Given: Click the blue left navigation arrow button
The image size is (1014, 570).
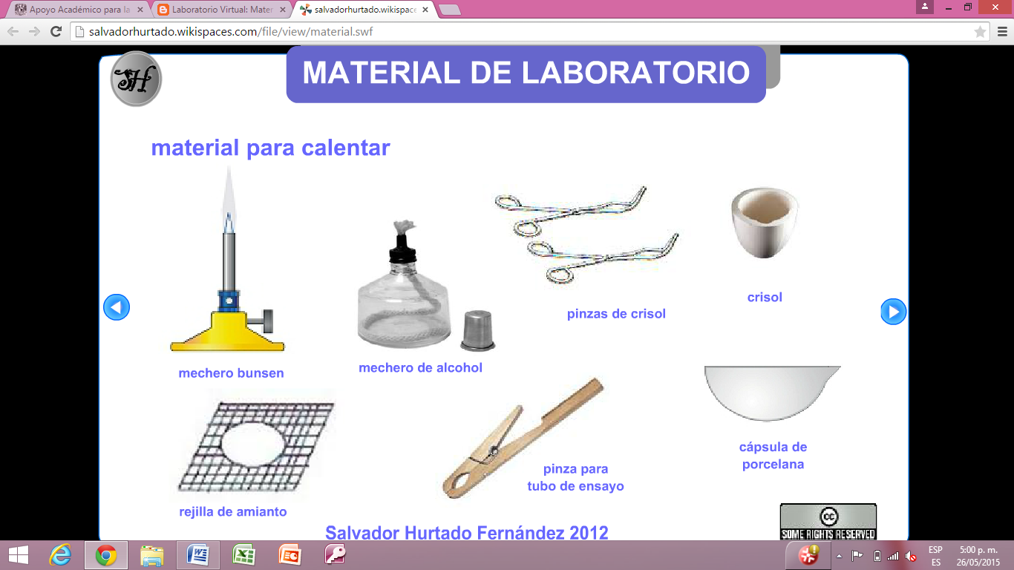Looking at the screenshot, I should [117, 307].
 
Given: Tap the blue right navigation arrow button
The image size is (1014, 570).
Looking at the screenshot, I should [893, 312].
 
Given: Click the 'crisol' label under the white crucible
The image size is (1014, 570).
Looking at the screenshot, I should [765, 298].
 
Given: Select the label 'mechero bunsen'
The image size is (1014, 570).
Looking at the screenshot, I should [231, 373].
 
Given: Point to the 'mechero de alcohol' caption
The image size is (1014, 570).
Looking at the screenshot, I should [420, 368].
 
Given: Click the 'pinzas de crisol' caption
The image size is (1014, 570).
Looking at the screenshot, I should [616, 314].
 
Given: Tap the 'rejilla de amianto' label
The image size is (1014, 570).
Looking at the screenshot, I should [232, 512].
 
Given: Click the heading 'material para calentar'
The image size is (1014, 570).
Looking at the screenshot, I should [270, 148].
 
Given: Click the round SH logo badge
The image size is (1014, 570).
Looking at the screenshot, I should [136, 79].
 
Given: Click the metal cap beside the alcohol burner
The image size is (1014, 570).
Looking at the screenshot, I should [477, 330].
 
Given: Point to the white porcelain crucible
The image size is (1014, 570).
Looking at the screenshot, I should [765, 222].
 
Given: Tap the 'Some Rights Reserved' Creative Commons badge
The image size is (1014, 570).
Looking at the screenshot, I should [828, 522].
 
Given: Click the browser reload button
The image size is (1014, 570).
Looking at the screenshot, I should [56, 31].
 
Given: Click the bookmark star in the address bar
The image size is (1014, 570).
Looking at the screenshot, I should [980, 32].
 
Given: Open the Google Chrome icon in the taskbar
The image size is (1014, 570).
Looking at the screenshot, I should [106, 555].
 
